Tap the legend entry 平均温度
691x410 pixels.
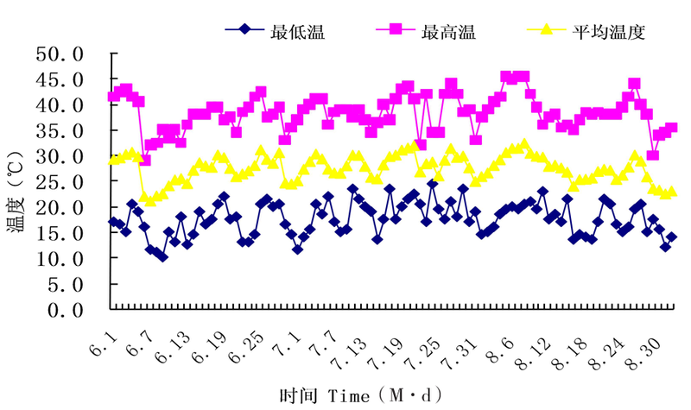click(608, 32)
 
